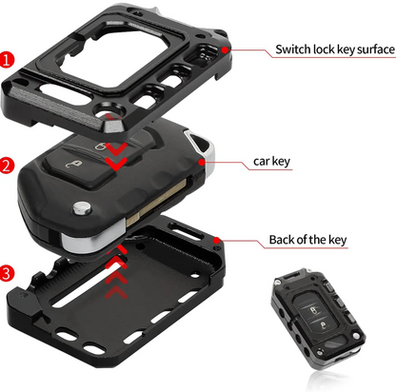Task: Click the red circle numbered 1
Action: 9,59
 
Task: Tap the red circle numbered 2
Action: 9,166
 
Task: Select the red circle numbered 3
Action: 9,274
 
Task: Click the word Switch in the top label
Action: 292,49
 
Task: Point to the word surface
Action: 367,49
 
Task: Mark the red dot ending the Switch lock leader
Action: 225,46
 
